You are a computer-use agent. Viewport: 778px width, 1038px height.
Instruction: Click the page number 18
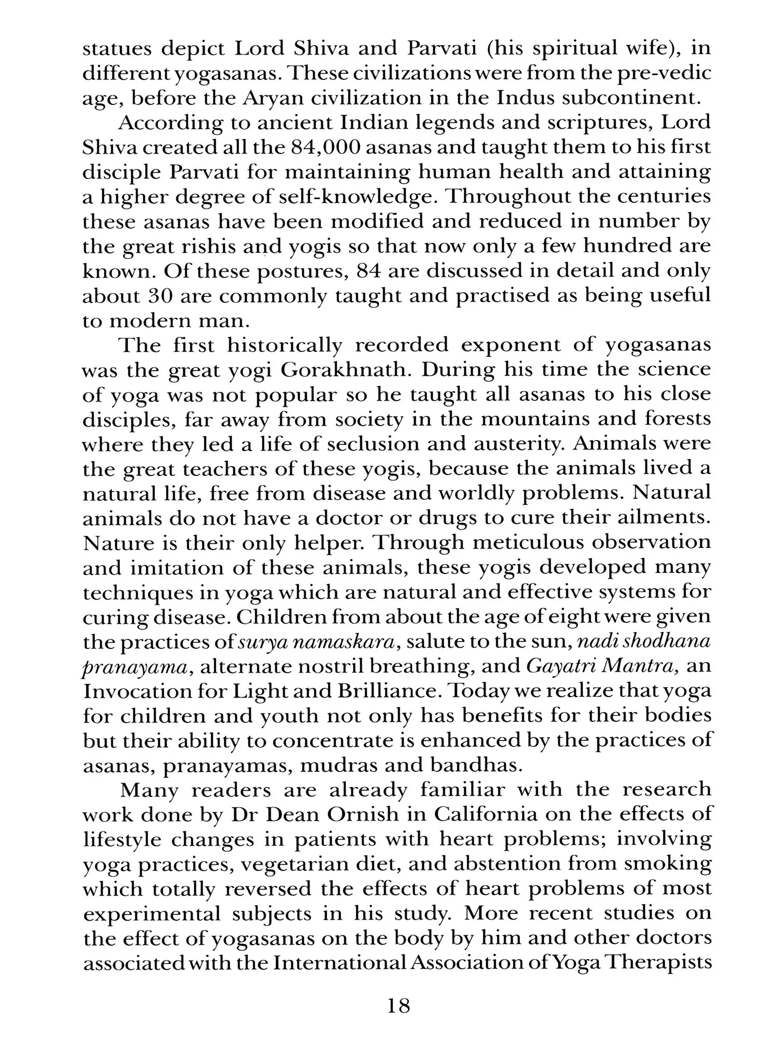pyautogui.click(x=398, y=1006)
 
